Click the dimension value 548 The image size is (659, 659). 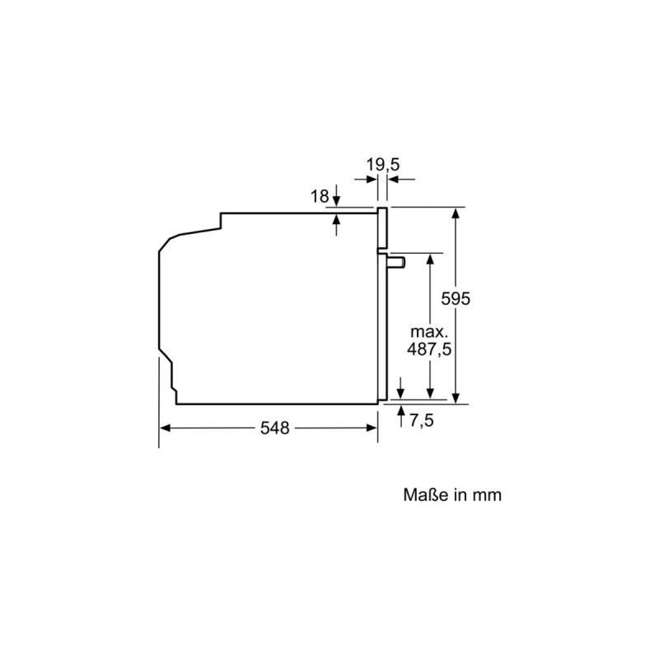(x=274, y=428)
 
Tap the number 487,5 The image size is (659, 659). (x=429, y=348)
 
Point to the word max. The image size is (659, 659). (x=429, y=332)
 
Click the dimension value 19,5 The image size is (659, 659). (x=383, y=165)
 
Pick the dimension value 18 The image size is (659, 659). (x=319, y=195)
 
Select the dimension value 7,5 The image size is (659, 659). (x=421, y=421)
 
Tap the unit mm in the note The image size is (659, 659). (x=487, y=495)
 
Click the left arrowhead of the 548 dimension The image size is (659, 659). (x=166, y=428)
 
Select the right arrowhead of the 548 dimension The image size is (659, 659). (x=372, y=428)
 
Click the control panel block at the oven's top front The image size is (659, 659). (x=382, y=227)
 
